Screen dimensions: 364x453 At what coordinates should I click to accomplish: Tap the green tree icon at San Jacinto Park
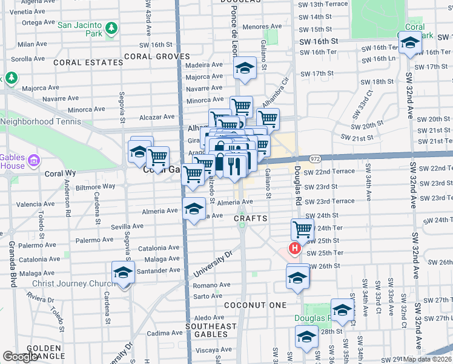111,28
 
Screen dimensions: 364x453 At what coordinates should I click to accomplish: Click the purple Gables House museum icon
34,160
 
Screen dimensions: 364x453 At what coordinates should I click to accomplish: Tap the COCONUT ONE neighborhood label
254,305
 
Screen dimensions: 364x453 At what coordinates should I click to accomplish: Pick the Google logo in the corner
21,356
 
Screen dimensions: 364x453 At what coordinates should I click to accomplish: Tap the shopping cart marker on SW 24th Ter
302,229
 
